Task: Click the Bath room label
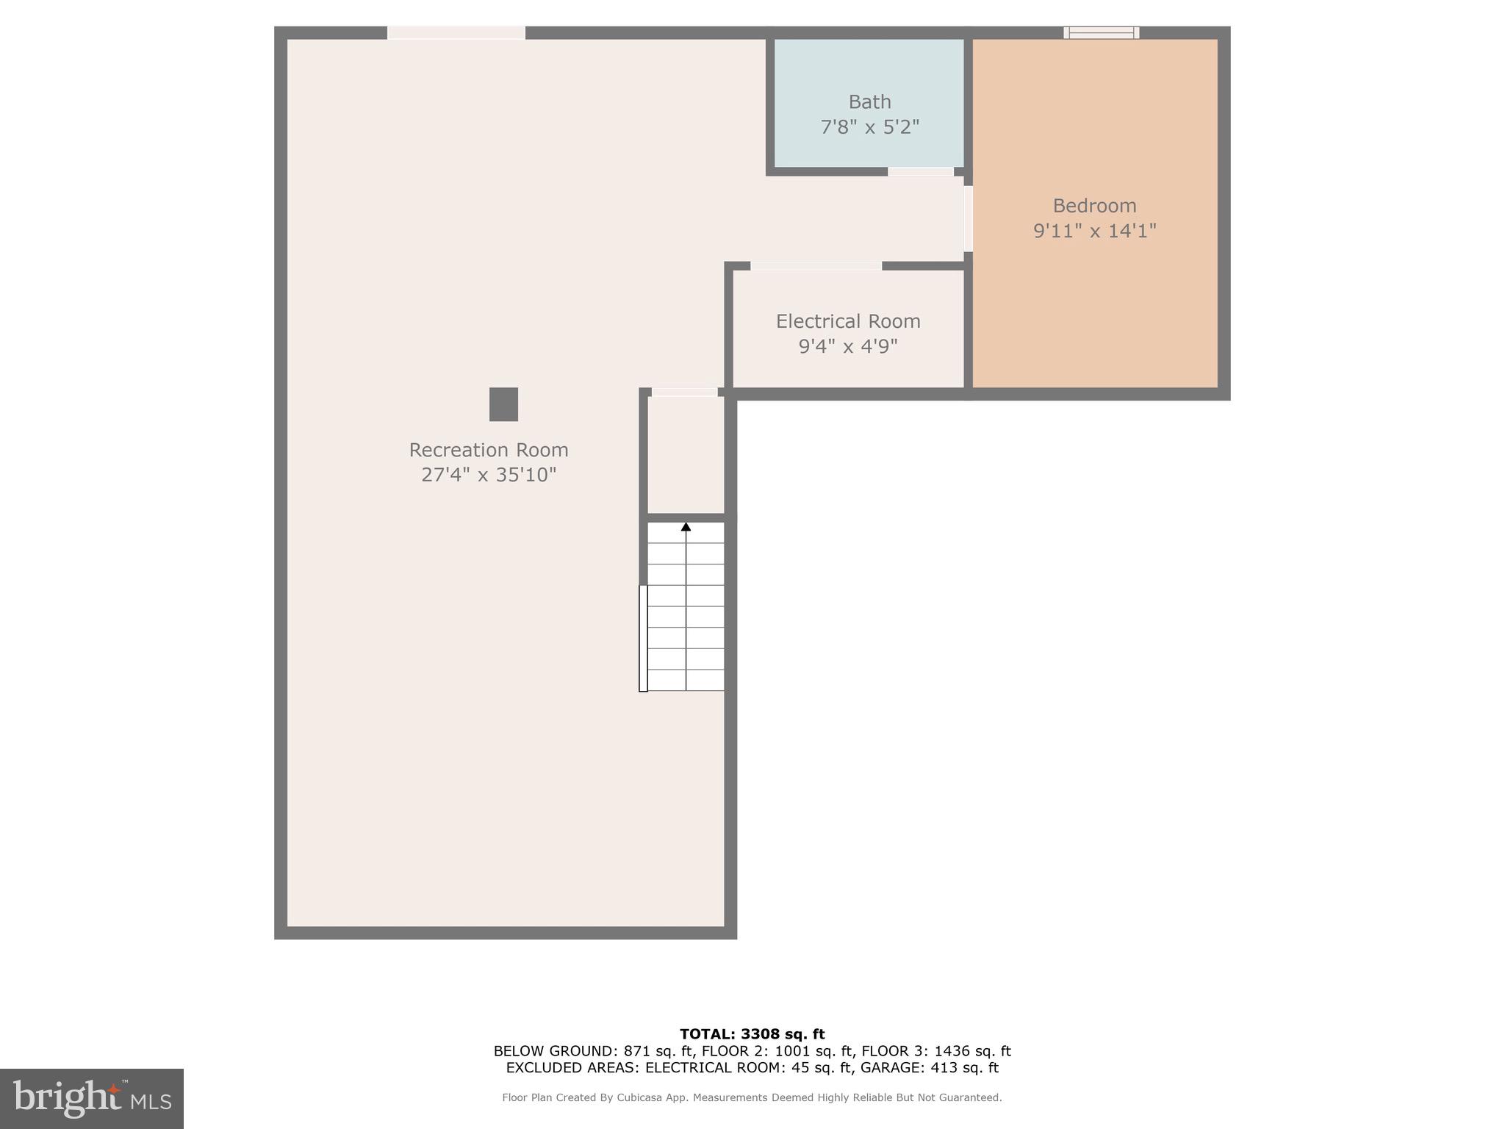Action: [869, 102]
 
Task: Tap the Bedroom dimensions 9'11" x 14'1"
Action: [1094, 231]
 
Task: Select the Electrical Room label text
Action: [848, 321]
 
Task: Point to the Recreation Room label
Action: [489, 450]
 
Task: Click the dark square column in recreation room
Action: [503, 404]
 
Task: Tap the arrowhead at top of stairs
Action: [686, 527]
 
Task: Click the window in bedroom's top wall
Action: [1101, 32]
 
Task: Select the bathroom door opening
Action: [920, 172]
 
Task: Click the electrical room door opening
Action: [816, 266]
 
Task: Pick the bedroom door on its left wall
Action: [969, 218]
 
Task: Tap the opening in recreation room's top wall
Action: [456, 32]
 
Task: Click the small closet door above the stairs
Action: [684, 393]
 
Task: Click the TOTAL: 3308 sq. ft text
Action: [752, 1034]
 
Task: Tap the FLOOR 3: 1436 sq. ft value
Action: [935, 1051]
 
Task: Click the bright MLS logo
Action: [92, 1098]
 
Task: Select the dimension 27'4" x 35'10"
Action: [489, 475]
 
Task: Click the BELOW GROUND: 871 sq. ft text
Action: [592, 1051]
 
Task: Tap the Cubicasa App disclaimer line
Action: [752, 1097]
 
